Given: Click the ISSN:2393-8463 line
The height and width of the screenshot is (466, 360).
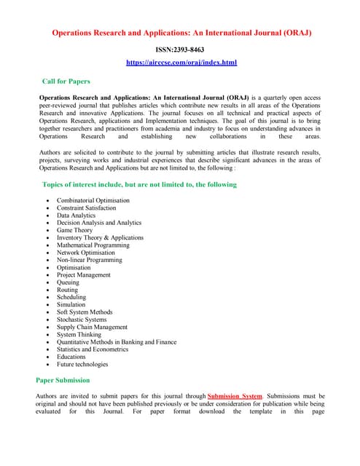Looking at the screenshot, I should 180,50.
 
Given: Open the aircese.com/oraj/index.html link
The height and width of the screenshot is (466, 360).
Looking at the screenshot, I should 181,63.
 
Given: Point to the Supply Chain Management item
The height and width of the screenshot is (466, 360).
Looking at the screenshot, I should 92,327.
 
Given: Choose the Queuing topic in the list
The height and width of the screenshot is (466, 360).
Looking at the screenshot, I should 69,283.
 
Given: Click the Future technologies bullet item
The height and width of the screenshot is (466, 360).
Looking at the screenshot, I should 82,364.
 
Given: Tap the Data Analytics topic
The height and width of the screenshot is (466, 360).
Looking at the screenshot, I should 76,216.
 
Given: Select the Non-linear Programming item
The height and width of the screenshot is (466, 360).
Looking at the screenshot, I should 90,260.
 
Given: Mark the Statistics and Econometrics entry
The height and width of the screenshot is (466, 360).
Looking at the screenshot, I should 93,349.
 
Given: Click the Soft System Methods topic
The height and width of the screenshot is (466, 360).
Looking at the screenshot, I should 85,312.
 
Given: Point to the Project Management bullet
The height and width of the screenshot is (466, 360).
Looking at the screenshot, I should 84,275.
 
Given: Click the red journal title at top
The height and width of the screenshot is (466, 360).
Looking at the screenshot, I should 180,33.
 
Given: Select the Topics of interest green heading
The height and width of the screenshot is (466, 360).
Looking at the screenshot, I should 140,184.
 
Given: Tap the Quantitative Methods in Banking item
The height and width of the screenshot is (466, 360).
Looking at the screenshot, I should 117,342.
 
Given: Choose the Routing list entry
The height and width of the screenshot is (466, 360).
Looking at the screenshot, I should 67,290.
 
